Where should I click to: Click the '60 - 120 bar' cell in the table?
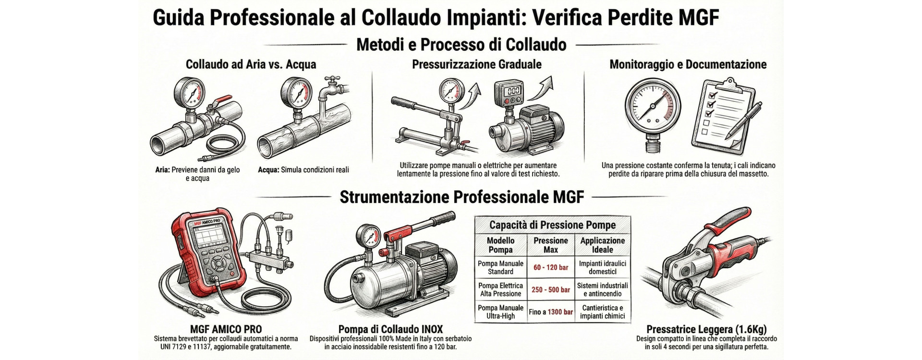551,267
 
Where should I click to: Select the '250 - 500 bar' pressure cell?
551,289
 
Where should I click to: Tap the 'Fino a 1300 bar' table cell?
551,312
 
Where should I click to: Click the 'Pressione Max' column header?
551,245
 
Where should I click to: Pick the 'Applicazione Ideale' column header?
603,245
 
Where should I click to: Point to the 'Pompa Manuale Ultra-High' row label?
501,312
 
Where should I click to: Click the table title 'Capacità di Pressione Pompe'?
552,225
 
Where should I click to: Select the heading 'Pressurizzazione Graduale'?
477,64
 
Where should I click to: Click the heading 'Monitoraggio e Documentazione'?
688,64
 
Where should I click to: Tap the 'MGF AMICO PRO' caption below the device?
226,329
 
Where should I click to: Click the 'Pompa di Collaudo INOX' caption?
390,329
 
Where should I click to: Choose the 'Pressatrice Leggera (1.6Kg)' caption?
706,329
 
